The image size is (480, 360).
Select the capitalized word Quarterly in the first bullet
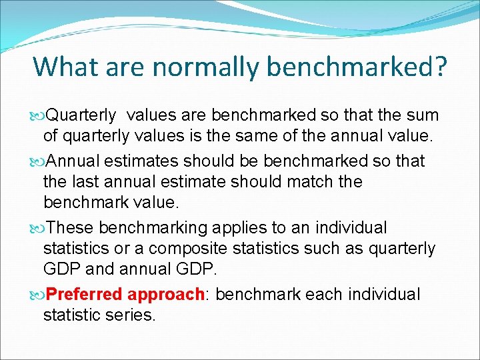point(81,115)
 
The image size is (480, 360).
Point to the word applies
point(237,228)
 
